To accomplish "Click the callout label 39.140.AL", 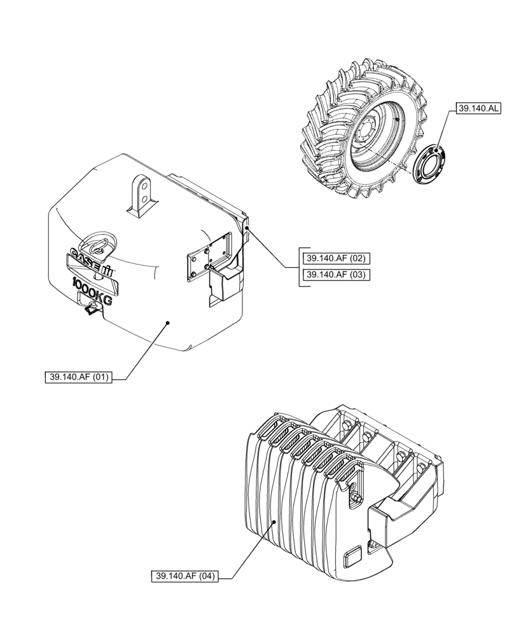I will pyautogui.click(x=476, y=109).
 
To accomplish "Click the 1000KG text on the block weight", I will pyautogui.click(x=92, y=292).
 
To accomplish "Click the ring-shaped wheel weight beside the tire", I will pyautogui.click(x=429, y=162).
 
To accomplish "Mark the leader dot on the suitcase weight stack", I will pyautogui.click(x=274, y=521).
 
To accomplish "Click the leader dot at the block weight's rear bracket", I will pyautogui.click(x=246, y=226).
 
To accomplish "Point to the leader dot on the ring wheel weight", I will pyautogui.click(x=437, y=150).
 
